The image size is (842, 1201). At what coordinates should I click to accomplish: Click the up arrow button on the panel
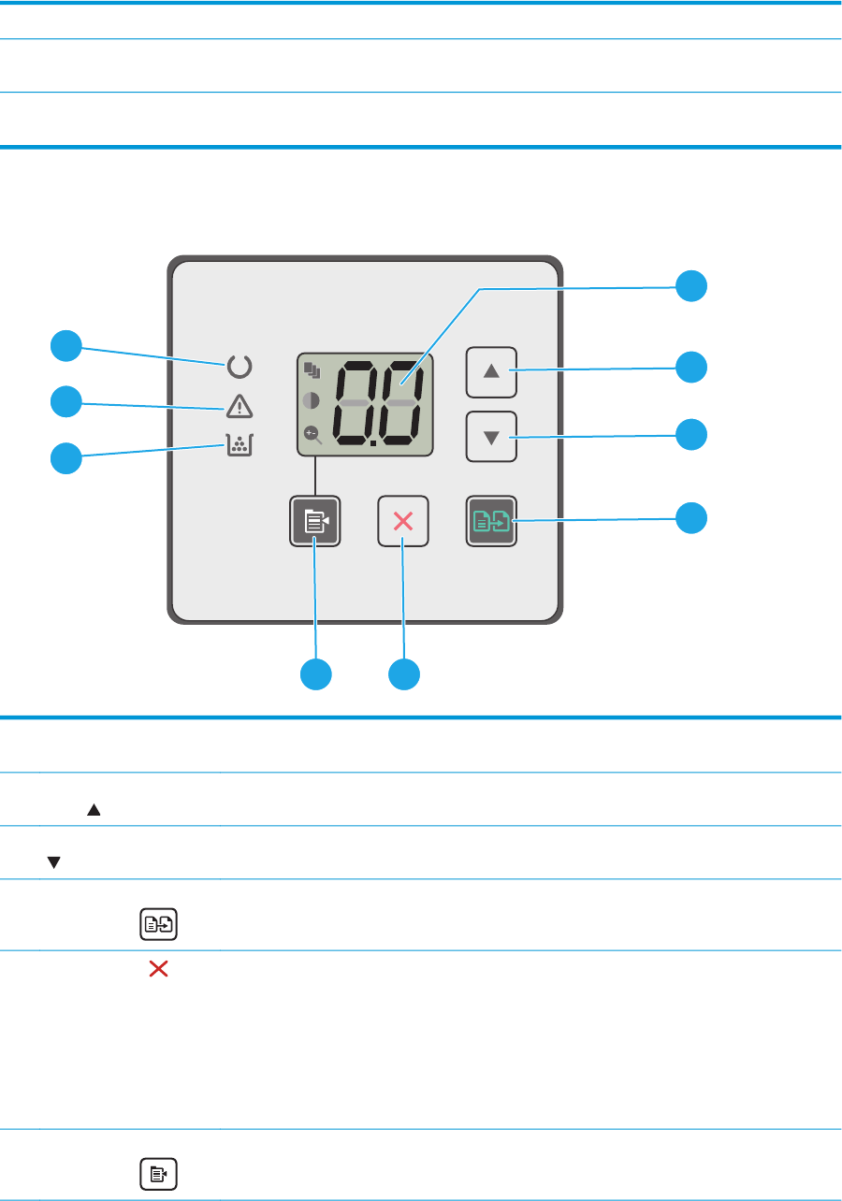(491, 371)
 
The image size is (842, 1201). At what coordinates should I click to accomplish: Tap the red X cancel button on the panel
(403, 521)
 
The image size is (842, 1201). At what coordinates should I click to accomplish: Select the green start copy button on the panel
(491, 521)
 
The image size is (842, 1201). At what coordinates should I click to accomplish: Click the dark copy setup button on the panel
(314, 521)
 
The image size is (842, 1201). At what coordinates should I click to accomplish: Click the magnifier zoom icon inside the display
(312, 433)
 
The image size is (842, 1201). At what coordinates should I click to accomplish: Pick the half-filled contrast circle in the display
(312, 400)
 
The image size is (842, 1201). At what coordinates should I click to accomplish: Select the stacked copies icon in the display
(312, 370)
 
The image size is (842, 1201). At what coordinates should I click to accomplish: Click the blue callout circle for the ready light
(65, 346)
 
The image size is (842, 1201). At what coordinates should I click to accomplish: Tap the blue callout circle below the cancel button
(403, 673)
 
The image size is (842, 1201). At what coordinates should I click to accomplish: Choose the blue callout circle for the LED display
(692, 286)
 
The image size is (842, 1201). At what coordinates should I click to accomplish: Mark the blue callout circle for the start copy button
(692, 518)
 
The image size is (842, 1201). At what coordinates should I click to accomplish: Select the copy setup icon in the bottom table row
(158, 1174)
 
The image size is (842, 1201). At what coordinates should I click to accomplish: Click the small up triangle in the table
(94, 812)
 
